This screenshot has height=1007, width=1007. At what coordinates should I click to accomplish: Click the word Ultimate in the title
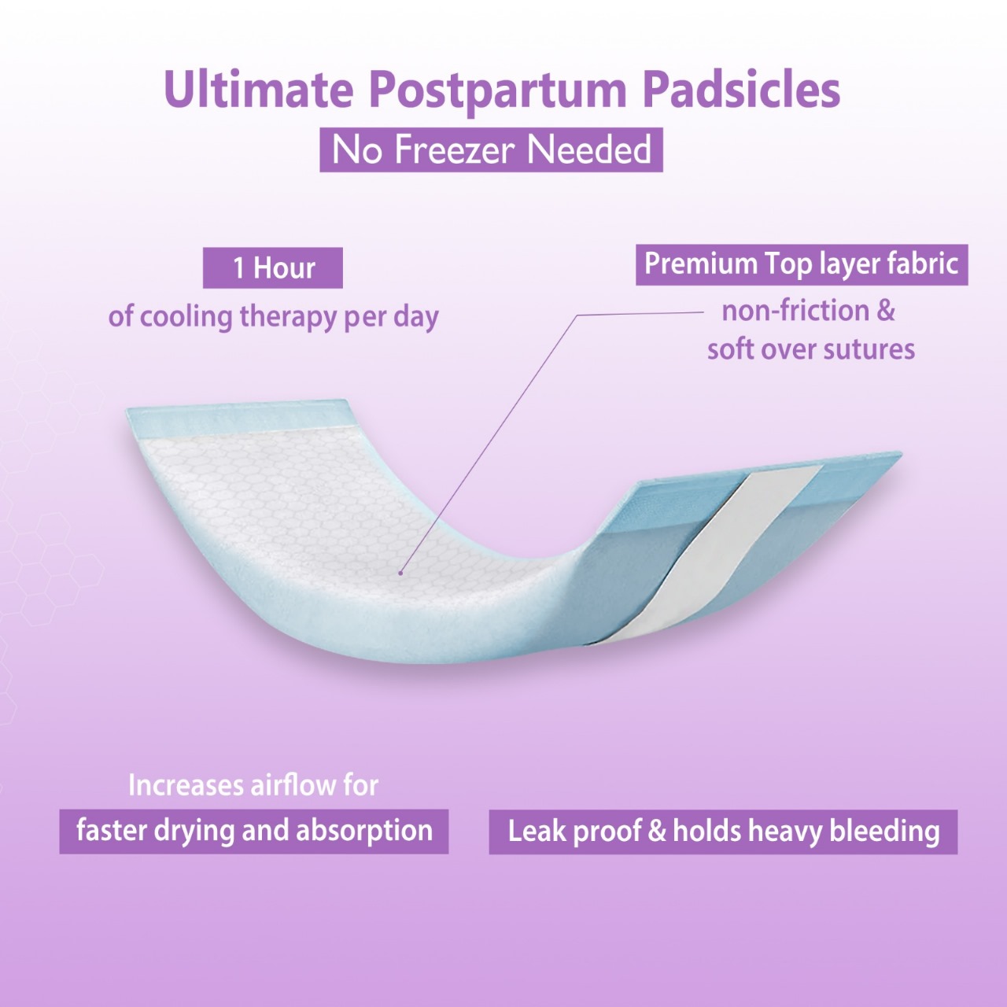point(259,90)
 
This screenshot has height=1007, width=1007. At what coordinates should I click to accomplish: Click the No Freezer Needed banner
point(491,150)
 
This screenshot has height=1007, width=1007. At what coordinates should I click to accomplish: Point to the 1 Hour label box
point(273,268)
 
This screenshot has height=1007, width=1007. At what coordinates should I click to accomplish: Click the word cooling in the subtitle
point(186,317)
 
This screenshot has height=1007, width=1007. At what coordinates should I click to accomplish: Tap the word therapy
point(289,317)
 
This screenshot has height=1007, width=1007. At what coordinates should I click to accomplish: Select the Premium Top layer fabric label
point(802,264)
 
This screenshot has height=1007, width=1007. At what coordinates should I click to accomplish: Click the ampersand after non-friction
point(886,311)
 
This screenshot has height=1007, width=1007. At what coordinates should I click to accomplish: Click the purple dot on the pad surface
point(400,574)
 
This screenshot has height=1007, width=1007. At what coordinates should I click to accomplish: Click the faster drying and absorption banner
point(254,832)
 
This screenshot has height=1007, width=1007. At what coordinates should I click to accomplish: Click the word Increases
point(186,784)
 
